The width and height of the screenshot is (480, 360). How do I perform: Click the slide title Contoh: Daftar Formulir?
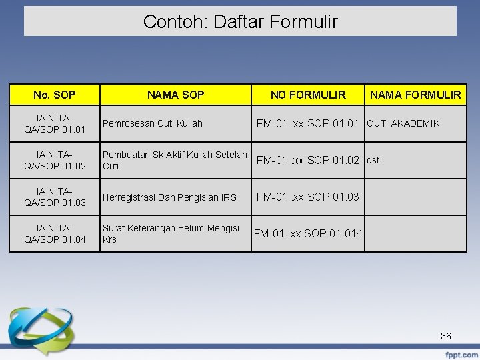click(x=240, y=22)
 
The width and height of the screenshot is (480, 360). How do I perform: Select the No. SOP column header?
click(x=54, y=95)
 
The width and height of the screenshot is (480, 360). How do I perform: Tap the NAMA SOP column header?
click(x=175, y=95)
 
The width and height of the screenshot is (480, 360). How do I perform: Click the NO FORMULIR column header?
click(x=308, y=95)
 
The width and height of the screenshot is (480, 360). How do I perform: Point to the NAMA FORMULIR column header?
click(x=415, y=95)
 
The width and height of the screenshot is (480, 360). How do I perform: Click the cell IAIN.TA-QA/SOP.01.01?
click(x=54, y=123)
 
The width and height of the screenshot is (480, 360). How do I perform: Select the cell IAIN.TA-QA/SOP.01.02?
click(x=54, y=160)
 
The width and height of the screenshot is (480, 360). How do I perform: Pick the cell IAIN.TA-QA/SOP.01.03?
click(x=54, y=197)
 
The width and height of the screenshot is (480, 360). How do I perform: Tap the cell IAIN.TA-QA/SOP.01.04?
click(x=54, y=233)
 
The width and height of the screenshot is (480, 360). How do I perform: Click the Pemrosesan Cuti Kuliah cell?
click(x=153, y=123)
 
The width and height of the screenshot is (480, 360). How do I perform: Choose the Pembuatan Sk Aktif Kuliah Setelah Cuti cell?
click(x=175, y=160)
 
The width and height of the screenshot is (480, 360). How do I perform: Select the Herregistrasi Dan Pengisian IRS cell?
click(x=169, y=197)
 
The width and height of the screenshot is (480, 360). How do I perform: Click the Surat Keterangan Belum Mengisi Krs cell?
click(x=171, y=233)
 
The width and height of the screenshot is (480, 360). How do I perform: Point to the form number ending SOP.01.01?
click(x=308, y=123)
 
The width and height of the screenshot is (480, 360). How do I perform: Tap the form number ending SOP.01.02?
click(x=308, y=160)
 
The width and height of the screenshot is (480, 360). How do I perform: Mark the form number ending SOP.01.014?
click(x=308, y=233)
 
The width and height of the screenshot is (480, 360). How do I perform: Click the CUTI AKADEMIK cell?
click(x=403, y=123)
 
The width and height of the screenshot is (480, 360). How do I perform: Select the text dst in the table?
click(x=373, y=160)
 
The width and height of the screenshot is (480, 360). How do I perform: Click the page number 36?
click(x=446, y=336)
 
